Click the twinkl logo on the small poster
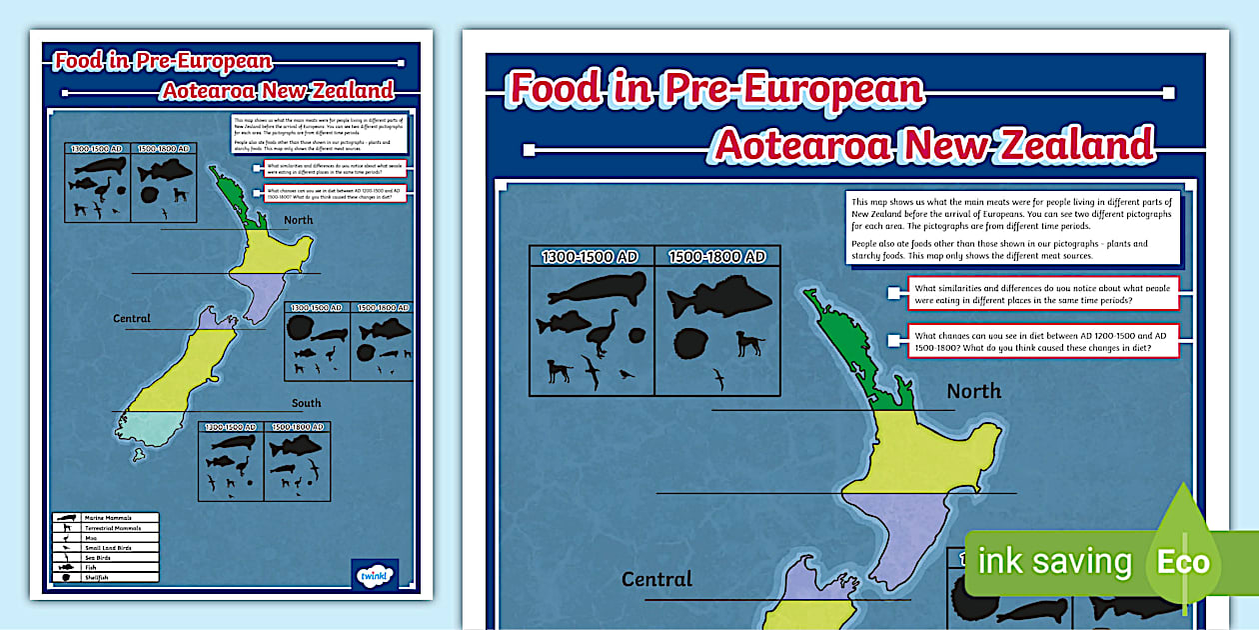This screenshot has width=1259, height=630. point(375,576)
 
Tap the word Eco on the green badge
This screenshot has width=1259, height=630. point(1183,562)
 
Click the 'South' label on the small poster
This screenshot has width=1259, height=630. point(307,404)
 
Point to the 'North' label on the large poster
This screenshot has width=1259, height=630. point(973,391)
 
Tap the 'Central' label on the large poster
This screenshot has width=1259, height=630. point(656,579)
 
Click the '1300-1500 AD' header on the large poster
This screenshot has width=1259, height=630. point(591,257)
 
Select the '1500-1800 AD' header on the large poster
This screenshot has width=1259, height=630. point(716,257)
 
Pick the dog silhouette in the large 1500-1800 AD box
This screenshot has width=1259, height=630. point(749,344)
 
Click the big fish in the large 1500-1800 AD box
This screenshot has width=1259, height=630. point(718,299)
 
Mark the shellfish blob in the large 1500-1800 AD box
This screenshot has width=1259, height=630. point(689,343)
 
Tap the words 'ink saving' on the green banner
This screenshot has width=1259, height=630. point(1054,562)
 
